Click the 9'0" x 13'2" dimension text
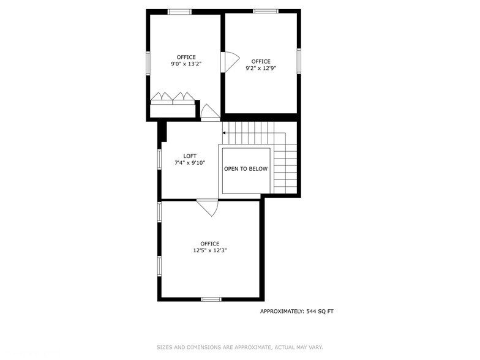click(x=186, y=64)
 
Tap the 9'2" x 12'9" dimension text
click(x=260, y=69)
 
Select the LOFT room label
click(x=190, y=156)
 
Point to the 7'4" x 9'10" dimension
click(x=190, y=163)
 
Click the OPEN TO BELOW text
click(x=246, y=169)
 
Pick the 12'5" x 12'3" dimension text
click(x=210, y=250)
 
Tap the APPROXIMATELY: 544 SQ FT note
click(x=297, y=312)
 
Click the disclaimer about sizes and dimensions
click(x=239, y=347)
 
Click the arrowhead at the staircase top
click(x=224, y=132)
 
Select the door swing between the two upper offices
click(x=229, y=62)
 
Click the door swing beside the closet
click(x=209, y=112)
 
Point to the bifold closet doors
click(x=173, y=97)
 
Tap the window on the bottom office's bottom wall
click(x=211, y=299)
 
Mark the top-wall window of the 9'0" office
click(x=179, y=12)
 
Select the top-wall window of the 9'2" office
click(x=266, y=11)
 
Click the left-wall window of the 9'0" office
click(x=148, y=62)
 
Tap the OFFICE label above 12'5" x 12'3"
click(x=210, y=244)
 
